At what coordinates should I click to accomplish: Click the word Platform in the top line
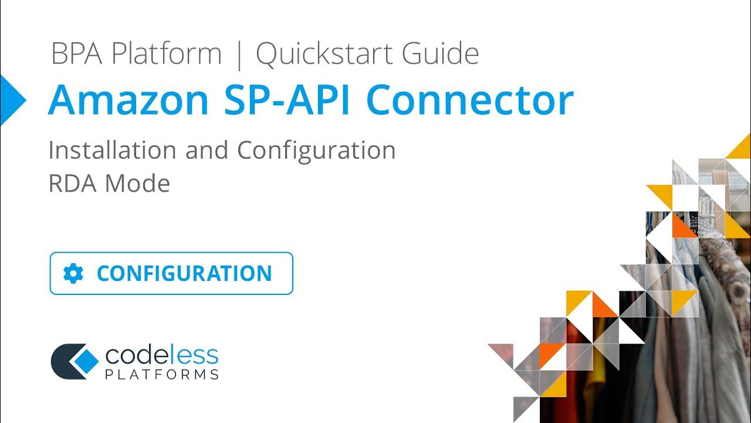pos(167,54)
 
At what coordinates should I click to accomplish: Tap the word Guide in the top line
pos(440,54)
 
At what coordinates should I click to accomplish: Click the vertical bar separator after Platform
pos(239,55)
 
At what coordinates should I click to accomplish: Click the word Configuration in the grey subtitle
pos(316,151)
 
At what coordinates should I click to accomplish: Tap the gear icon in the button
pos(73,273)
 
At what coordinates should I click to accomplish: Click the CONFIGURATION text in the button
pos(184,273)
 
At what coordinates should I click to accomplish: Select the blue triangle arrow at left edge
pos(12,100)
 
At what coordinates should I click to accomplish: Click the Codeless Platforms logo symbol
pos(74,361)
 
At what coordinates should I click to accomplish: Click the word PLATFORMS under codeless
pos(162,374)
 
